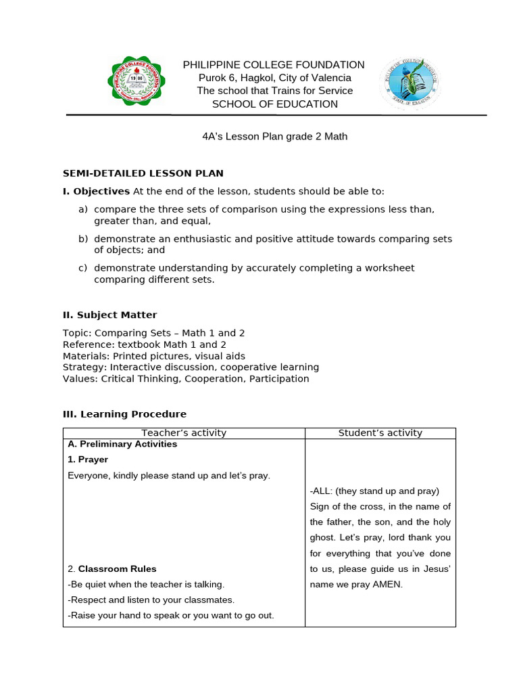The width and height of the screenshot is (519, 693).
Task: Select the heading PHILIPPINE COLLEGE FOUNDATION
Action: click(274, 65)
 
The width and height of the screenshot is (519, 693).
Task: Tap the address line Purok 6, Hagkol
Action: click(274, 78)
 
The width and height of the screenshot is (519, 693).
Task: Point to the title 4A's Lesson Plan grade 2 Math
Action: click(275, 136)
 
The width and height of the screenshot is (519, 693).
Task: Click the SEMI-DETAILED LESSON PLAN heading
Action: click(143, 174)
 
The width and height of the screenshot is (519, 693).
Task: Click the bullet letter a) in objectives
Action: click(83, 209)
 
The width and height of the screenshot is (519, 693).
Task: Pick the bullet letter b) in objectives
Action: click(83, 239)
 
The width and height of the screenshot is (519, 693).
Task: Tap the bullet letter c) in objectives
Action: click(83, 268)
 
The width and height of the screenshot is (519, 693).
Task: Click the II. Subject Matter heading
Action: click(109, 315)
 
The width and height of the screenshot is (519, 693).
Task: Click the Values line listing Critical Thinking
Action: click(186, 379)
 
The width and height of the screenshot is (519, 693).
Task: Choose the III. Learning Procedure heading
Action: click(124, 414)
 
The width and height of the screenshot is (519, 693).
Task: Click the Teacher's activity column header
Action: click(184, 433)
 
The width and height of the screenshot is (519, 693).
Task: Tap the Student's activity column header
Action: click(380, 433)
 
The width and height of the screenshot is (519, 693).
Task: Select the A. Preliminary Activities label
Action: click(122, 445)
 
